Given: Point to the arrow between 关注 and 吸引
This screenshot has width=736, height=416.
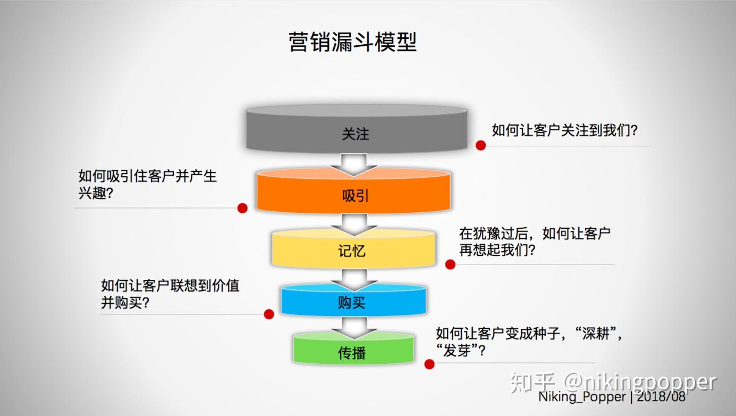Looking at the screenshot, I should (x=354, y=164).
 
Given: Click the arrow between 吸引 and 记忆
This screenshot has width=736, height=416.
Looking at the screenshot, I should (x=354, y=223).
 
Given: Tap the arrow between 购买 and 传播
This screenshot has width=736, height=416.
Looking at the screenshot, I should (x=354, y=327).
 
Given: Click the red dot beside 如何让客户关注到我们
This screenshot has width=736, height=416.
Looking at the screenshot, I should (x=481, y=145).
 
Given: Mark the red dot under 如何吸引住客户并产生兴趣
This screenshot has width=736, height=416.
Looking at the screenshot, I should (x=242, y=208).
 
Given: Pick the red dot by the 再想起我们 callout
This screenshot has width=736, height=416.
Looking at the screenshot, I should (x=450, y=264).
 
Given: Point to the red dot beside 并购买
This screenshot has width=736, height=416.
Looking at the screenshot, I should (x=269, y=314).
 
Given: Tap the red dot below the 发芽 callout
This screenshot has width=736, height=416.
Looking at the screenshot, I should (x=429, y=364).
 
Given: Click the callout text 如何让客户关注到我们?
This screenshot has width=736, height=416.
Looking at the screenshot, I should (x=564, y=130).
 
